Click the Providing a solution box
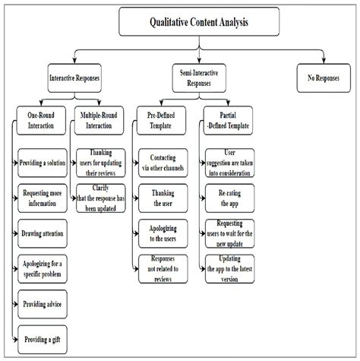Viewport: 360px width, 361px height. click(x=44, y=163)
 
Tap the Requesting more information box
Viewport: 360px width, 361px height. click(x=44, y=197)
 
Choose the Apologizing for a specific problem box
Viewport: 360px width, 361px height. click(x=44, y=268)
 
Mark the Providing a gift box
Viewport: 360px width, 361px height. click(x=44, y=337)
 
